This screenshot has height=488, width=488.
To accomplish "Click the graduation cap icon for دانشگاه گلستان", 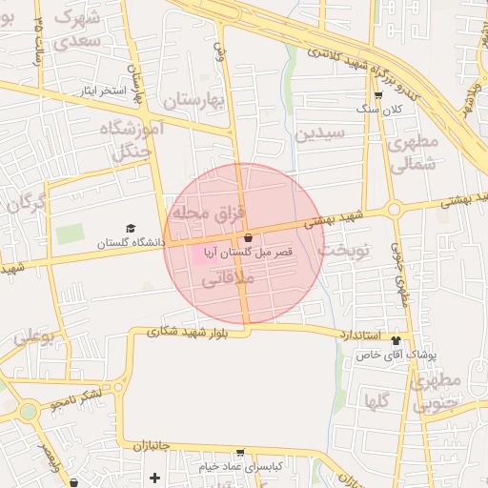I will coord(130,229).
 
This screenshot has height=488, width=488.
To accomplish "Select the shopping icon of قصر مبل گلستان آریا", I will coord(248,238).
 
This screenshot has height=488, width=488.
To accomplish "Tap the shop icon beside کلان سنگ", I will coord(378,94).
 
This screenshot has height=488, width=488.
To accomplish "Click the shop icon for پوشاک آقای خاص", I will coord(396,340).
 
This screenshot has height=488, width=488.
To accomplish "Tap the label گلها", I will coord(376,401).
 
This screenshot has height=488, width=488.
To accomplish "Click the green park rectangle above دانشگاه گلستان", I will coord(69,233).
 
